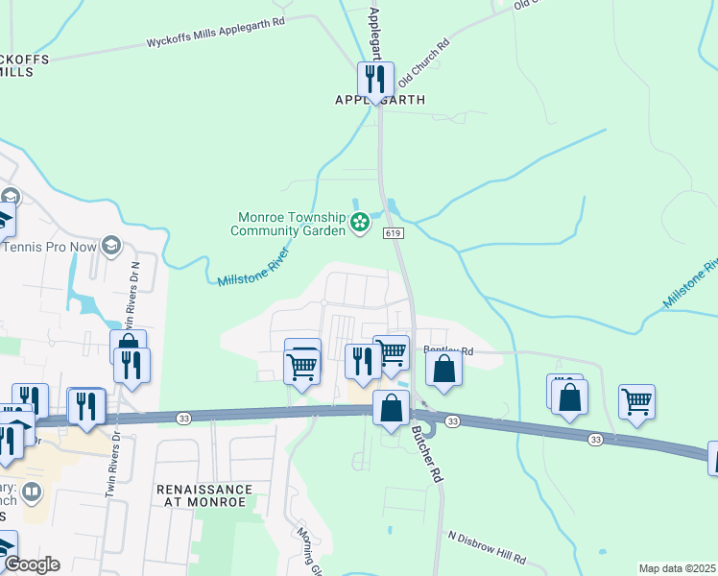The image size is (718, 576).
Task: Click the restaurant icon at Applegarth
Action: [376, 78]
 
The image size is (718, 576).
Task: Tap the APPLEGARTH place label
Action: [379, 100]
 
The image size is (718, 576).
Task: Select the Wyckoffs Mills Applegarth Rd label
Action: [215, 43]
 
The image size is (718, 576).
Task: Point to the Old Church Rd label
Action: [423, 60]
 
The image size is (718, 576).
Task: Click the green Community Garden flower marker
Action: [360, 224]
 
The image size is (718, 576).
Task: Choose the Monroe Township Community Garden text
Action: [287, 224]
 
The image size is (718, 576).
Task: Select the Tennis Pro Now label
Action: [50, 247]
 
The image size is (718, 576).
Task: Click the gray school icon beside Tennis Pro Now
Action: [110, 247]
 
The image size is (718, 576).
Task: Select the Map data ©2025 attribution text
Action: [677, 568]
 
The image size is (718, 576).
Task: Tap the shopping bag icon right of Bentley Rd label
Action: [443, 369]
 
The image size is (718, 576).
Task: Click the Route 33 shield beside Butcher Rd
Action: [453, 421]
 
